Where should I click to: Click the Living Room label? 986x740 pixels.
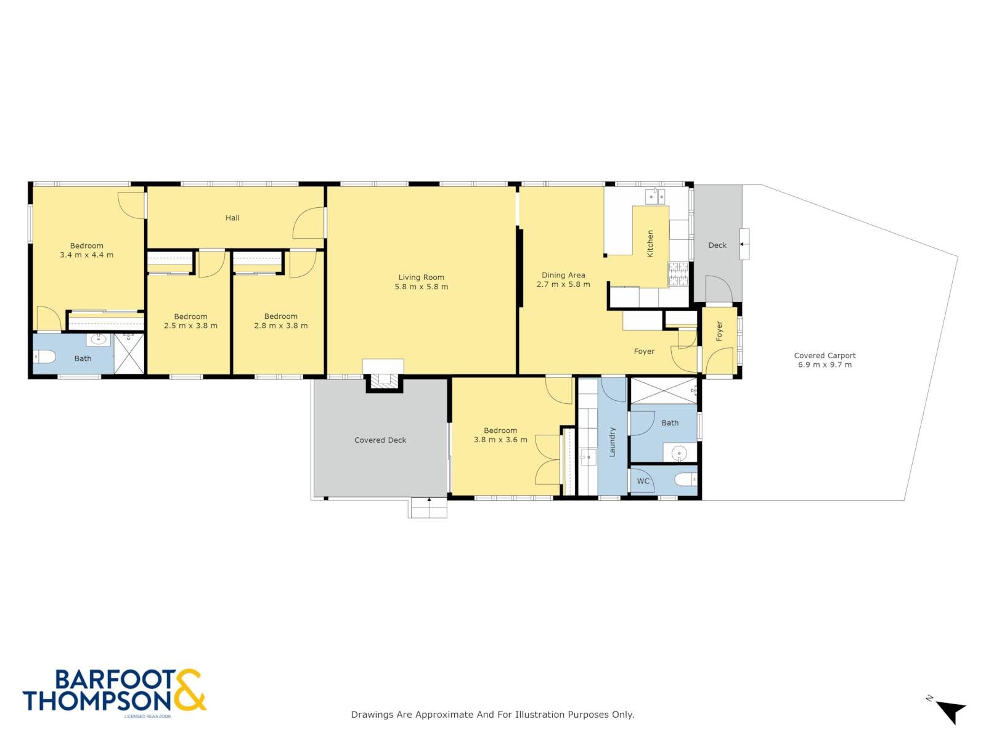421,277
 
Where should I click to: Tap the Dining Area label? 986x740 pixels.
563,275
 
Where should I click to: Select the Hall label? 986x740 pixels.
232,218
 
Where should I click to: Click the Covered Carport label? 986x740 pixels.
825,355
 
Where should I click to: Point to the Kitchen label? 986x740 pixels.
650,244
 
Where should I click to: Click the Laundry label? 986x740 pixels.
612,442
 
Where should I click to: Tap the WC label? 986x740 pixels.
643,481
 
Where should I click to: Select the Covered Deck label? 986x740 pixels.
380,440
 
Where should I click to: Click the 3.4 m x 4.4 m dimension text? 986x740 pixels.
87,255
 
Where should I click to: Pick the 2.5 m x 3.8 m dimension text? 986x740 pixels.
190,326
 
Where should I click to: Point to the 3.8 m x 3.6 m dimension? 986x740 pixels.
500,440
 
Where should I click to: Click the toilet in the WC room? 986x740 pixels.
685,480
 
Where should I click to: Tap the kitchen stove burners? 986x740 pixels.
678,274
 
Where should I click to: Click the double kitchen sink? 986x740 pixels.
655,196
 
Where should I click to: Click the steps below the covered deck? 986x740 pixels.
427,508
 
